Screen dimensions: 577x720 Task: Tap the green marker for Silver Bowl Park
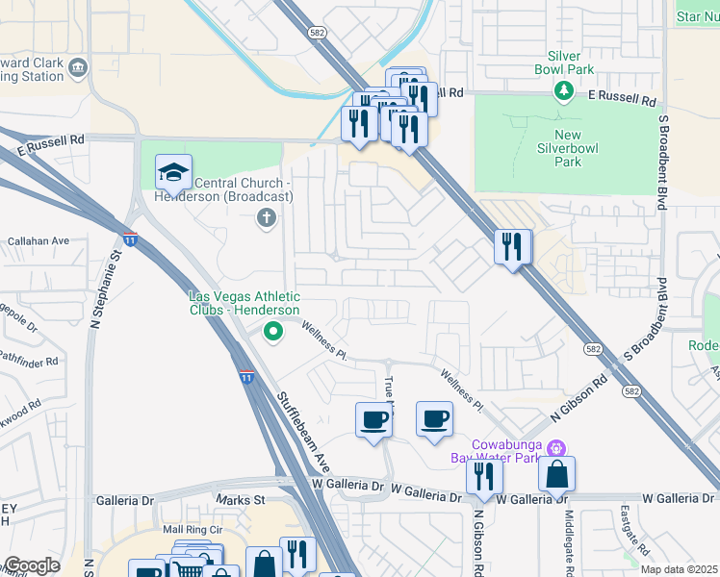click(564, 90)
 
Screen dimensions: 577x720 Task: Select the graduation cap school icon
click(173, 173)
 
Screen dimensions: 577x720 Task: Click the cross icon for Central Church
click(267, 218)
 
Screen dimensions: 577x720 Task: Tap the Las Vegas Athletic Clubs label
click(244, 303)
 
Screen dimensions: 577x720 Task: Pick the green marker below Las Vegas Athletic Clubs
click(273, 333)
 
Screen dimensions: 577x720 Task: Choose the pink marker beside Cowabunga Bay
click(555, 448)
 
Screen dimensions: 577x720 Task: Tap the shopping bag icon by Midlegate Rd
click(556, 474)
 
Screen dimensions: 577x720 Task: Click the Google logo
click(31, 565)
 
